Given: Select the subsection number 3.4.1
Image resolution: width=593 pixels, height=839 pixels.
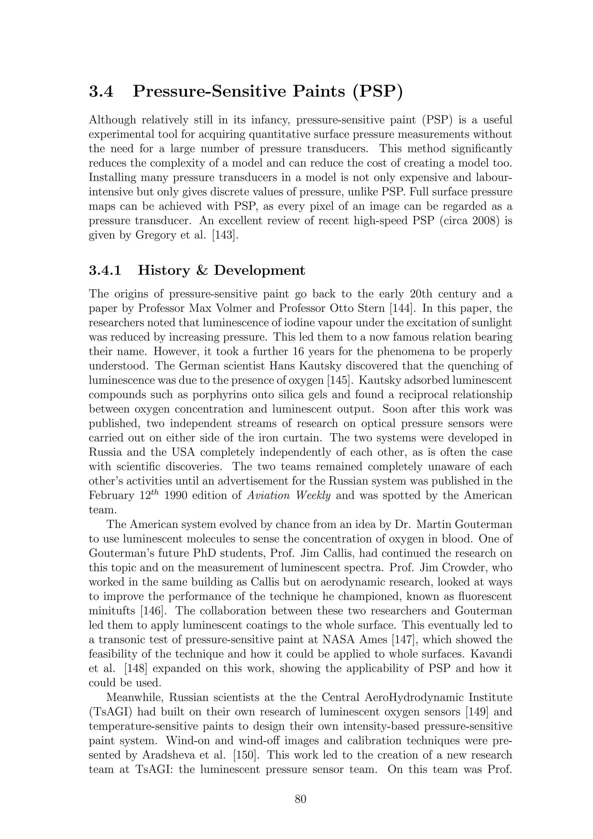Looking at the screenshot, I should click(x=105, y=270).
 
